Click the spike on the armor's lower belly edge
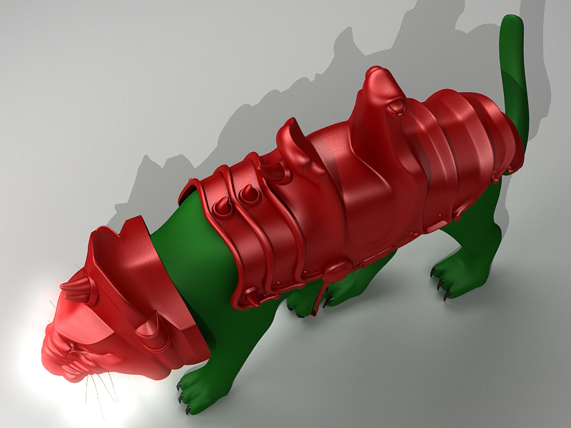click(x=251, y=297)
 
